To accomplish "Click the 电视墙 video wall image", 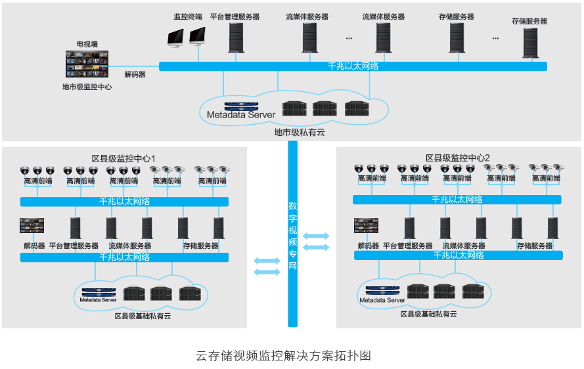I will point(87,65).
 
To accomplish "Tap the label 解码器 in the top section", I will point(135,75).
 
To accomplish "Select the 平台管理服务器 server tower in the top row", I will point(236,37).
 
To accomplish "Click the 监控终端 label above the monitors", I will point(187,16).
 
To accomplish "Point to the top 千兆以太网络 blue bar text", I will point(353,66).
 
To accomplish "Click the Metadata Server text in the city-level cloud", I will point(241,116).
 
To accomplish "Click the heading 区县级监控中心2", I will point(458,158).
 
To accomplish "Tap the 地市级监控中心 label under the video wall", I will point(87,87).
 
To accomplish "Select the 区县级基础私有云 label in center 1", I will point(143,316).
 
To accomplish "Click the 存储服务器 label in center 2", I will point(535,246).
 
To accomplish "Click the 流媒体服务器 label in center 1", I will point(130,246).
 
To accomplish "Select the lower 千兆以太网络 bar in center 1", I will point(124,257).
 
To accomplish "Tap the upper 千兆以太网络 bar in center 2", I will point(457,200).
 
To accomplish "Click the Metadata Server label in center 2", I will point(382,300).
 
